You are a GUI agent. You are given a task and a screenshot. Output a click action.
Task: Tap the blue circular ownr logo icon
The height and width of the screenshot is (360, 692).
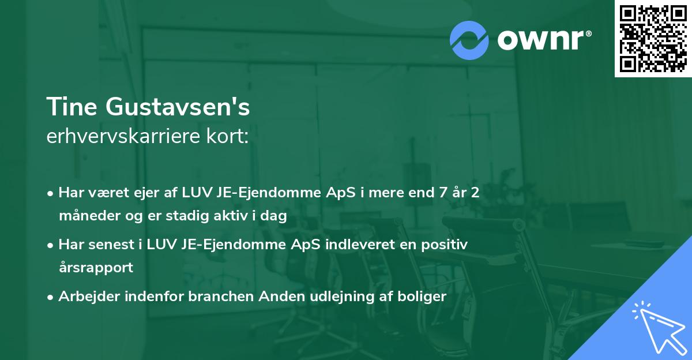point(469,40)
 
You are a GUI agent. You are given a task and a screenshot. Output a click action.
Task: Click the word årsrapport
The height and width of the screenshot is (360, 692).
point(96,268)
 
